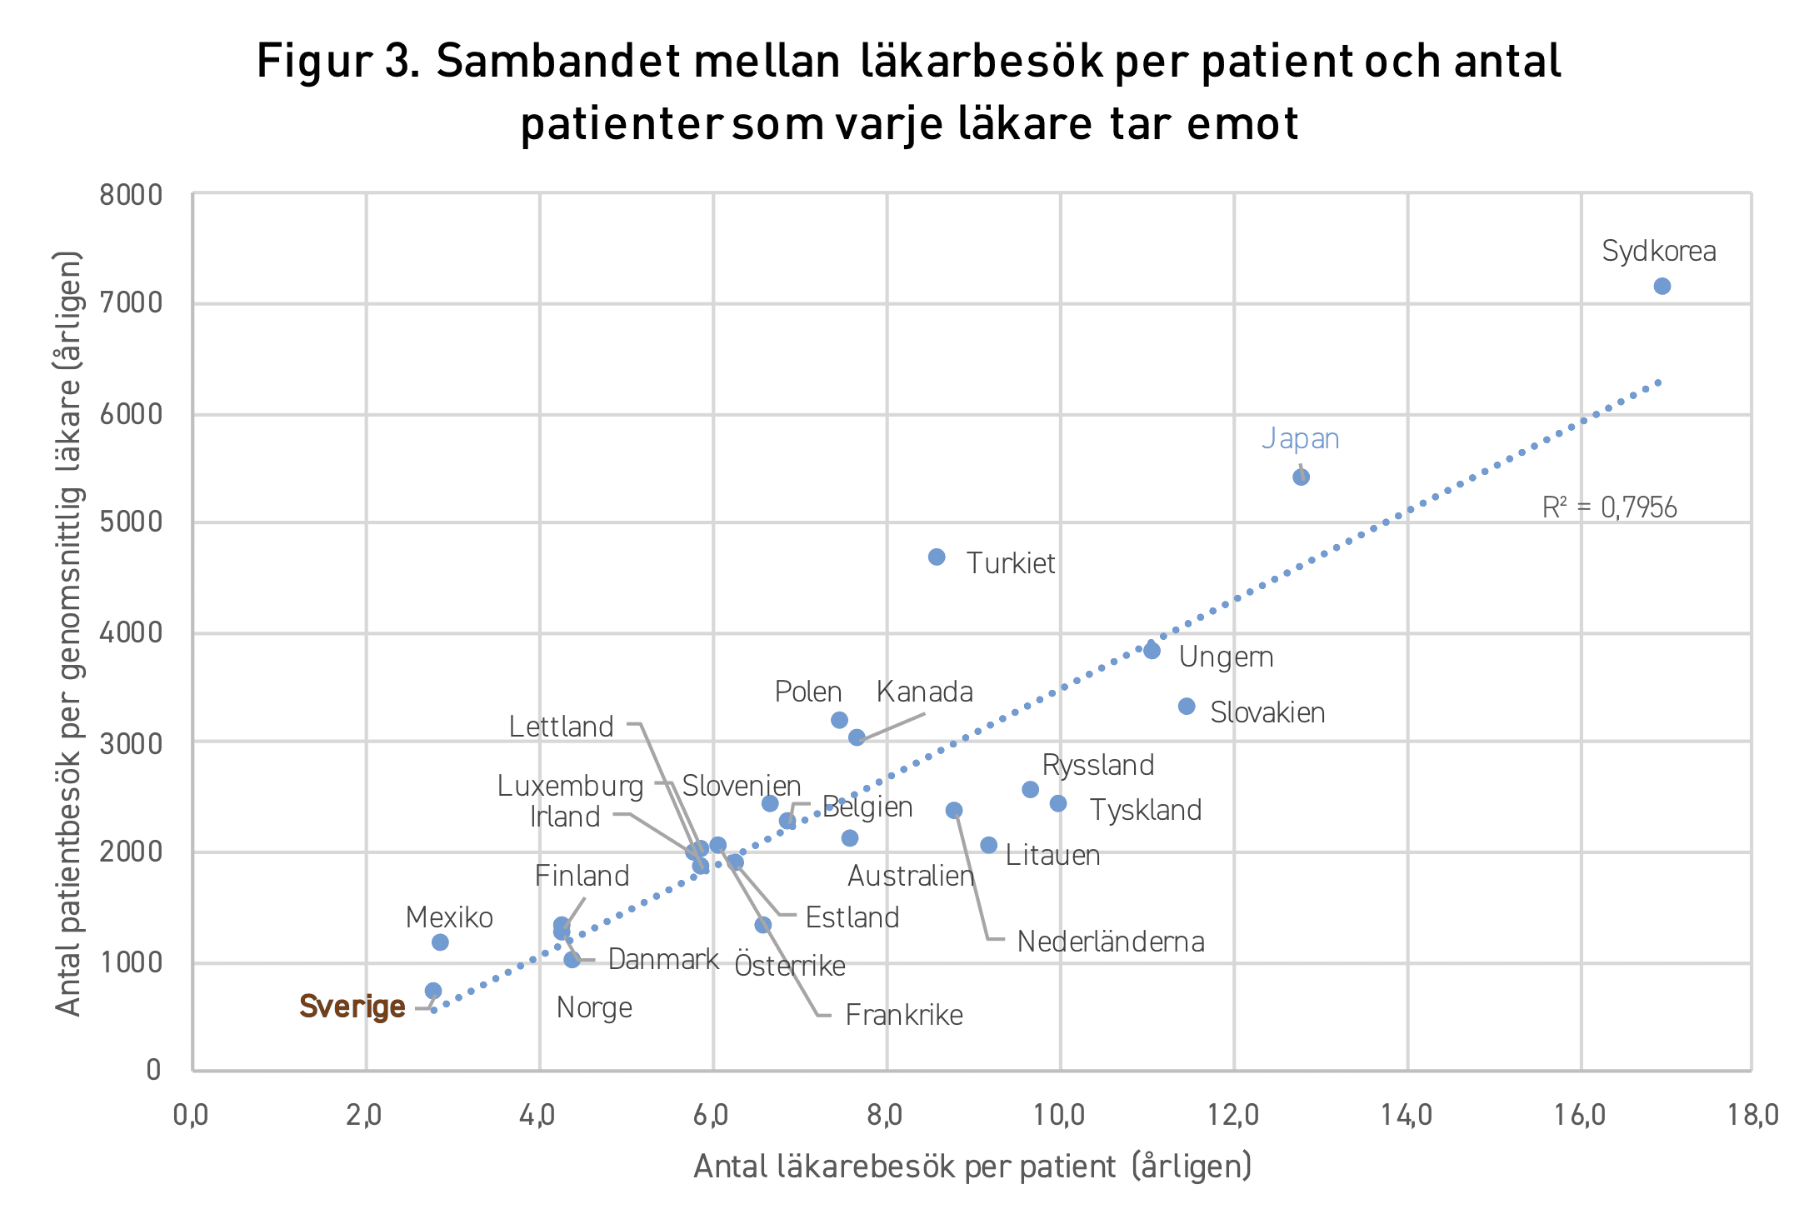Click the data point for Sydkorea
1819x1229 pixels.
pos(1662,287)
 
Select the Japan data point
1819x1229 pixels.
pos(1301,477)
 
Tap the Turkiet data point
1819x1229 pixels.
pos(937,557)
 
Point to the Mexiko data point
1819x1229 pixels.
pos(440,942)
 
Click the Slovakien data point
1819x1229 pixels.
pos(1187,707)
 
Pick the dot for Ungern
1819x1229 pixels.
pos(1152,651)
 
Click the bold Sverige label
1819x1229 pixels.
pos(352,1007)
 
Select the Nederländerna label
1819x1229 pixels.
pos(1111,942)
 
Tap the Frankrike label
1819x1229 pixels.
pos(904,1015)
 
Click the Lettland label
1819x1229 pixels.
pos(561,727)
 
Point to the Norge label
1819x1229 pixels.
pos(594,1008)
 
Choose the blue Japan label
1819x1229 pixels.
pos(1300,438)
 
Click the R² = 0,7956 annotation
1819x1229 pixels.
pos(1609,507)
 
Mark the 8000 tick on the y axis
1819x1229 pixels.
pos(131,195)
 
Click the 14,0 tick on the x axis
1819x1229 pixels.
pos(1407,1115)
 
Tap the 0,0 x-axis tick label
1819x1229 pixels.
pos(191,1115)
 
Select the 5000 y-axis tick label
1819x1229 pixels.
pos(131,522)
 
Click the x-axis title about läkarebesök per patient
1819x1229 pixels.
pos(972,1167)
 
